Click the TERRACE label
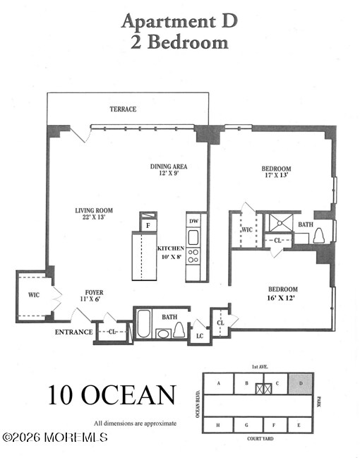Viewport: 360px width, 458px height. [x=123, y=109]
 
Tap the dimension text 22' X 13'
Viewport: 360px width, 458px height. [x=94, y=218]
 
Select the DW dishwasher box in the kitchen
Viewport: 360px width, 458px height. [x=193, y=221]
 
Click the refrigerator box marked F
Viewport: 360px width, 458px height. [x=148, y=225]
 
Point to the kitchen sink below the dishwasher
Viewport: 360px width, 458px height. [x=193, y=237]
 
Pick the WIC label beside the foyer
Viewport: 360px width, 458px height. [x=34, y=294]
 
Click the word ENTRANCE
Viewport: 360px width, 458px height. [x=73, y=332]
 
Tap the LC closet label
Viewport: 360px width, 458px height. [x=199, y=336]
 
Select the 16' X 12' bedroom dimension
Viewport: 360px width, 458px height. [x=282, y=297]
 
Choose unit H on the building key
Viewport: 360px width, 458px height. [x=218, y=425]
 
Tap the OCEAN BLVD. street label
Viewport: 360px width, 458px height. [x=198, y=404]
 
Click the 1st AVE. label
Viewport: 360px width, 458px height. [x=258, y=368]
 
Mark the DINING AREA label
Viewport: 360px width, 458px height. [x=169, y=167]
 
